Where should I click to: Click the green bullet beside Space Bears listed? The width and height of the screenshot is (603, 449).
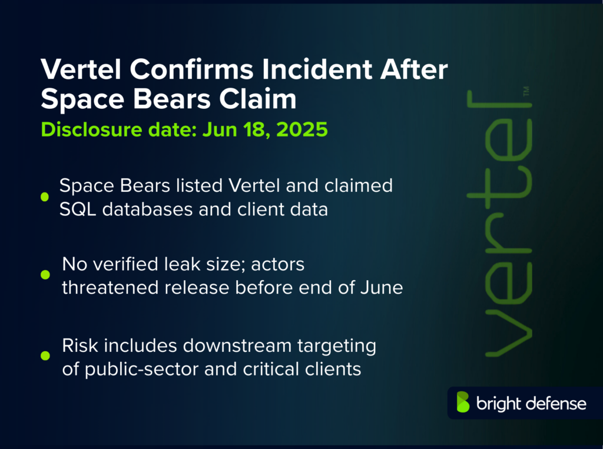[45, 197]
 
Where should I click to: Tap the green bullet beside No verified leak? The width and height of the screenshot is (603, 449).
[45, 275]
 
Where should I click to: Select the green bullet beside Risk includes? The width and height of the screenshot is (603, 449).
[45, 355]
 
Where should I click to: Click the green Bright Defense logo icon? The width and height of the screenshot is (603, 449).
[463, 403]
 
